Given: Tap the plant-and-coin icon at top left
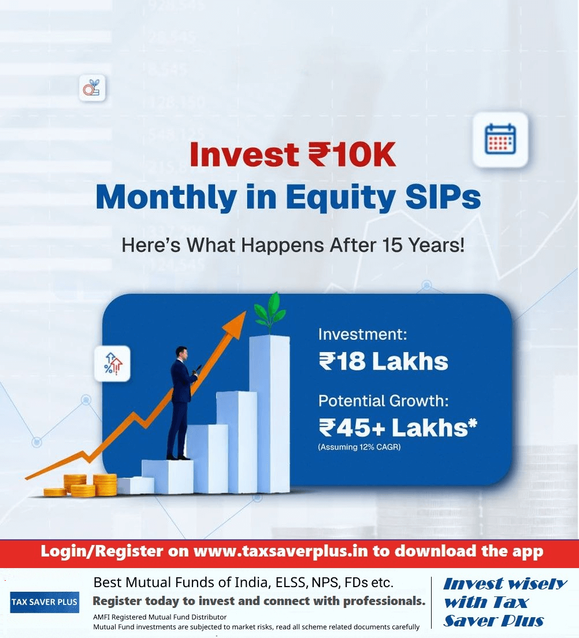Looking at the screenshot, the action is tap(92, 87).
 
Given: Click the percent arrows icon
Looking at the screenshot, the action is tap(113, 363).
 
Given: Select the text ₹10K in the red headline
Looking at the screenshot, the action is tap(352, 155).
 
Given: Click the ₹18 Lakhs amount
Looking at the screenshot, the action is tap(383, 361).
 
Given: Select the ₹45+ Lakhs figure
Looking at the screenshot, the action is tap(398, 428).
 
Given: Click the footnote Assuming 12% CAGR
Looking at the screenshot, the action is tap(359, 447).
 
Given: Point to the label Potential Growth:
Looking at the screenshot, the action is tap(383, 401).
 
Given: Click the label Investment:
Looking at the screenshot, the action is tap(362, 334).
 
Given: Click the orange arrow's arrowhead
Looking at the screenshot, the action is tap(235, 324).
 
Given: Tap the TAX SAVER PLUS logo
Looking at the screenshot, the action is tap(44, 602).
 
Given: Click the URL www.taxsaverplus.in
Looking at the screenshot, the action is tap(281, 551).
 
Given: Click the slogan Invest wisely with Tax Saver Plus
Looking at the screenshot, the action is tap(504, 602).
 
